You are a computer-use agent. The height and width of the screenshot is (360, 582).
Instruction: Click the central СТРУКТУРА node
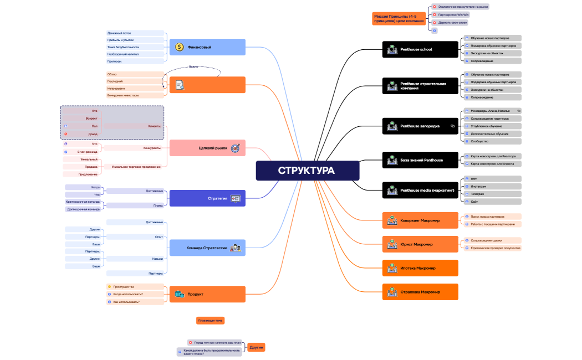307,171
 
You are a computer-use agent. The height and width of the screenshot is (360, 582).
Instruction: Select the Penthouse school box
420,49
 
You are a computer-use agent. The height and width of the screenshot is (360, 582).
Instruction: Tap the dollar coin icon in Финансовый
179,47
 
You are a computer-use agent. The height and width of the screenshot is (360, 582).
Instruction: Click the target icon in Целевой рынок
235,148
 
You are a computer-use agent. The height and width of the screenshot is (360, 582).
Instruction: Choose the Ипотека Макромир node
420,268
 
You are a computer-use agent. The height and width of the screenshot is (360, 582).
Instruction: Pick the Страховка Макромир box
420,292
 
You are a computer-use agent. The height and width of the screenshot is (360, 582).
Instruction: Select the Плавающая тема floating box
211,321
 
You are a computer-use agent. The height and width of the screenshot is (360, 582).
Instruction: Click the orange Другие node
256,347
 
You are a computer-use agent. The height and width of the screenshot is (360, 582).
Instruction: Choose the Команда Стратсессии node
207,248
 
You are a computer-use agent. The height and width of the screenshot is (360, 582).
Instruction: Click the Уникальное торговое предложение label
136,166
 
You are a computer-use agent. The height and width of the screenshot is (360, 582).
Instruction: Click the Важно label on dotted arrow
193,66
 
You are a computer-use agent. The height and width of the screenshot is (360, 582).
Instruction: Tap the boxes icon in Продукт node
179,294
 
